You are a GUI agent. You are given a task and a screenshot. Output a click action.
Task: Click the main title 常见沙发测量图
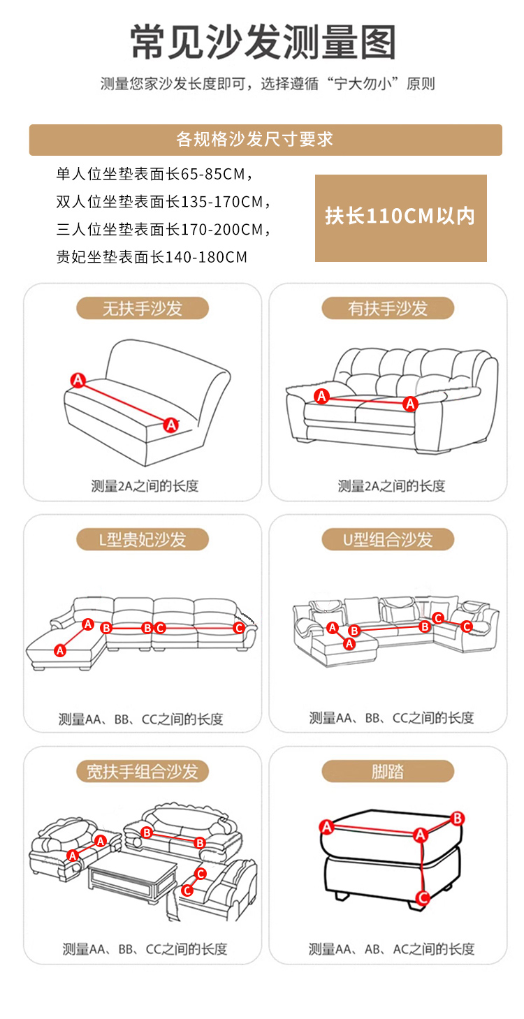click(x=263, y=43)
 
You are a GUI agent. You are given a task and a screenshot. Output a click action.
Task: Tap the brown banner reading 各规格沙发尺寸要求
click(x=265, y=140)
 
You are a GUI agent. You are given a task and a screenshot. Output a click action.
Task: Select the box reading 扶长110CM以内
click(x=400, y=218)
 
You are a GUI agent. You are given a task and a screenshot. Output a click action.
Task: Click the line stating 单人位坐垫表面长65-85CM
click(x=154, y=174)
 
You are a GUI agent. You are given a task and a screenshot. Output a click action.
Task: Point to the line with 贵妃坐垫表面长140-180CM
click(x=152, y=257)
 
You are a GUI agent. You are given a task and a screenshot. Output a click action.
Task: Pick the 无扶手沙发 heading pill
click(x=143, y=309)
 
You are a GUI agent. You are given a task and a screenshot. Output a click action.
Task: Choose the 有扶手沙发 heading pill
click(x=388, y=309)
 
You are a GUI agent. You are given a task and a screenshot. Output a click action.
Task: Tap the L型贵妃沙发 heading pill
click(x=143, y=539)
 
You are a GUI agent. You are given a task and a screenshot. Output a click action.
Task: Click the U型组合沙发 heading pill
click(x=388, y=539)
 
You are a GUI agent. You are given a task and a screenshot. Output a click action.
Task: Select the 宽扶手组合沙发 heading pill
click(x=143, y=772)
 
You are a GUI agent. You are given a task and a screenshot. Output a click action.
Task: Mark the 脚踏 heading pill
click(x=388, y=772)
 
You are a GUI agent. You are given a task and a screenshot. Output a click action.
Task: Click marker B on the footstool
click(x=457, y=819)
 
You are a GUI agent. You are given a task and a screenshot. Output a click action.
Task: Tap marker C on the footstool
click(x=423, y=897)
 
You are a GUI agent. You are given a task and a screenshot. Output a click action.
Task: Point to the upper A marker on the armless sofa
click(x=78, y=380)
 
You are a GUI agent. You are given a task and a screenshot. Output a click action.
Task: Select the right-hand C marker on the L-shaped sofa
click(x=238, y=628)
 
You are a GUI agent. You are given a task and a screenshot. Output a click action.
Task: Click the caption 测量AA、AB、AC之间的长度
click(x=391, y=949)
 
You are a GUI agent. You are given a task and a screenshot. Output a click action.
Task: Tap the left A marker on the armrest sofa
click(x=322, y=396)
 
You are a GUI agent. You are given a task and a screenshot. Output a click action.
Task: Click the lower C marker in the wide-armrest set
click(x=187, y=890)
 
